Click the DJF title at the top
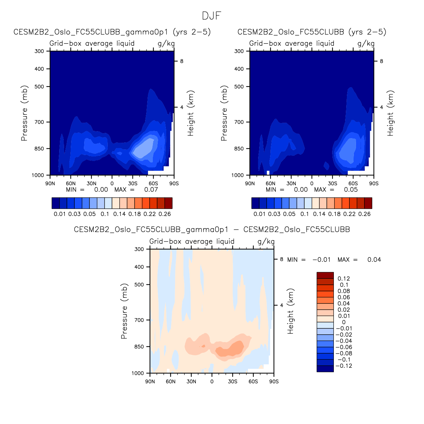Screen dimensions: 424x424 click(212, 16)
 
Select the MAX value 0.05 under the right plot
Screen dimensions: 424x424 click(351, 190)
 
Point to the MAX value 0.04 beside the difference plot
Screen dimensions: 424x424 click(374, 260)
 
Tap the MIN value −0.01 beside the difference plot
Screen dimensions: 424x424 click(321, 260)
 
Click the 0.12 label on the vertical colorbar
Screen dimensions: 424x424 click(344, 279)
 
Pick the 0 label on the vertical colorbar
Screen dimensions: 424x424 click(344, 322)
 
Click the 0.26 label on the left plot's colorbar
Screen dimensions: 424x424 click(165, 214)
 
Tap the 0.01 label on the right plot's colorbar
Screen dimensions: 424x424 click(260, 214)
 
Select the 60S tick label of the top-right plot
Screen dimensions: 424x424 click(353, 184)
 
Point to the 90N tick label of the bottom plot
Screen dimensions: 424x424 click(150, 381)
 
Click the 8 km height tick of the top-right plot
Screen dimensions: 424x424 click(381, 61)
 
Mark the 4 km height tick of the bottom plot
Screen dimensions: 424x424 click(281, 305)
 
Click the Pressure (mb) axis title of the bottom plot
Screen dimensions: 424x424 click(124, 311)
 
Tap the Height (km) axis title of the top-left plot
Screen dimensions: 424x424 click(191, 113)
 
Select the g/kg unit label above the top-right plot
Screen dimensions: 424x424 click(366, 43)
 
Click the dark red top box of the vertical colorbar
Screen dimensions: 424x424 click(325, 275)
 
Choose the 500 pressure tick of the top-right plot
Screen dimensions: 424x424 click(239, 86)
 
